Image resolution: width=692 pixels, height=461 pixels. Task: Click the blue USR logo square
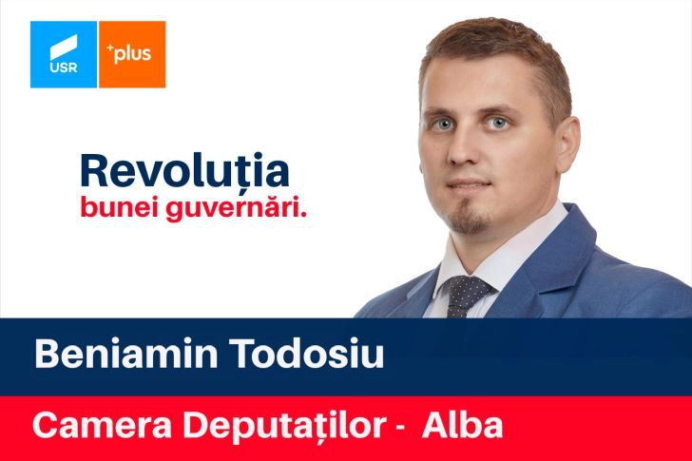coord(64,54)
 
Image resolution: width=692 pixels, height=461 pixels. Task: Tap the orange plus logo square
coord(132,54)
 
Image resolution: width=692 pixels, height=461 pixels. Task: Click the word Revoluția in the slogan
coord(185,171)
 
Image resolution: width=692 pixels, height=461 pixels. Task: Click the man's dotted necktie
coord(466,297)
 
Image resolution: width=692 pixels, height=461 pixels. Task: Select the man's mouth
coord(468,184)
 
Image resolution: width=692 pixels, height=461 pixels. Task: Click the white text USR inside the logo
coord(64,67)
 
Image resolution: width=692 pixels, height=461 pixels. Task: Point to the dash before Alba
coord(400,429)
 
